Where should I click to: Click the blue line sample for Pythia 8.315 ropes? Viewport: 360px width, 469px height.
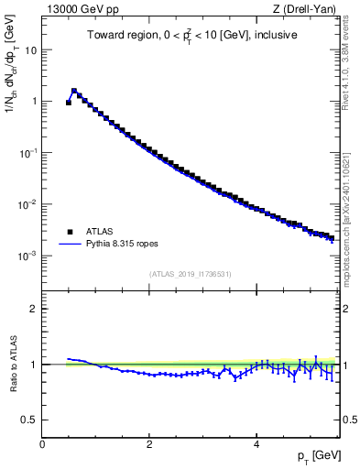(x=70, y=245)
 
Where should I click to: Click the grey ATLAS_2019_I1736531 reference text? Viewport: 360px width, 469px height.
(x=191, y=273)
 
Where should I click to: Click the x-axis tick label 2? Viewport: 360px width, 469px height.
(x=149, y=444)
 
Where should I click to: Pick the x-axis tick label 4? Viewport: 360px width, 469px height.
(x=256, y=444)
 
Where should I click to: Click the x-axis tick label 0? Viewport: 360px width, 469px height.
(x=42, y=444)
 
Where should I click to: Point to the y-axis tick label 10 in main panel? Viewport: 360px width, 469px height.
(x=31, y=50)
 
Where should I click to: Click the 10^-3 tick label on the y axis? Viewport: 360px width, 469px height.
(x=27, y=256)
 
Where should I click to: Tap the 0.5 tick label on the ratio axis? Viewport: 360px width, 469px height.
(x=29, y=420)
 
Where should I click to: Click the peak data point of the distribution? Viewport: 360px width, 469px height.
(x=74, y=91)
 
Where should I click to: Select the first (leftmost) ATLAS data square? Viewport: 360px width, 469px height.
(x=69, y=103)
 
